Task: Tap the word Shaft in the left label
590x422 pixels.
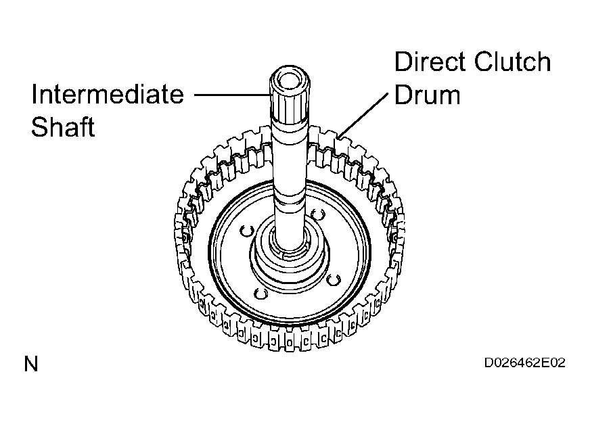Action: (x=63, y=126)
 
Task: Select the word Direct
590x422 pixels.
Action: (x=430, y=62)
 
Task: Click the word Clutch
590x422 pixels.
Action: (x=512, y=62)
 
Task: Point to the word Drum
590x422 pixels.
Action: (x=428, y=95)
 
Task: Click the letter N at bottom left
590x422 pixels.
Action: (x=31, y=364)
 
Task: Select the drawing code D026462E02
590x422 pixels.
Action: (x=524, y=362)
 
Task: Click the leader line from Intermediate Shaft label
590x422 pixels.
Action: (x=232, y=95)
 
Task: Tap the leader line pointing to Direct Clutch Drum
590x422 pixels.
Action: (x=363, y=115)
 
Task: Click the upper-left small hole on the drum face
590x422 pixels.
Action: (x=247, y=231)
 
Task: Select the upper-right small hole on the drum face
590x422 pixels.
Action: (x=318, y=214)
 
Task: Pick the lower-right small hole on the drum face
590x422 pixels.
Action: (x=333, y=280)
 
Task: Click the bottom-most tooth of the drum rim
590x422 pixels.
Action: (x=290, y=344)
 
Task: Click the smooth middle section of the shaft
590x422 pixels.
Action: (x=290, y=162)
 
